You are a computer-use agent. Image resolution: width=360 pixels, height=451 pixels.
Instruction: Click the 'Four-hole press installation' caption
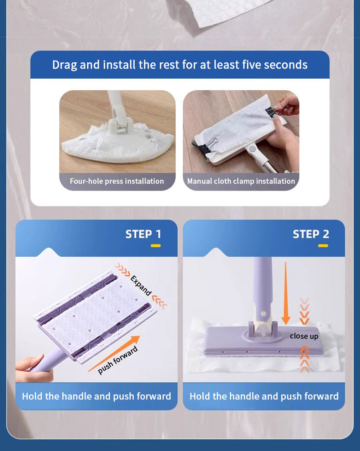117,181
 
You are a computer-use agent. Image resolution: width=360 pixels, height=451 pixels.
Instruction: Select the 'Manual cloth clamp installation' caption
241,181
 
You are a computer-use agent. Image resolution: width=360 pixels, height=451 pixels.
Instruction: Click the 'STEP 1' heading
143,234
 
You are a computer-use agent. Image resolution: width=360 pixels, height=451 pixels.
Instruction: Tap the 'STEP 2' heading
311,234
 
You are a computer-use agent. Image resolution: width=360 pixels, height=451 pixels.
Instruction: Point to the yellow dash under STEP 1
156,246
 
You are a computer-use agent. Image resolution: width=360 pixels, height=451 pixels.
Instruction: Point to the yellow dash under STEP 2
323,246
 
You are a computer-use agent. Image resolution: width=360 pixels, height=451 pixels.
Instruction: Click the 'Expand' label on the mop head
141,286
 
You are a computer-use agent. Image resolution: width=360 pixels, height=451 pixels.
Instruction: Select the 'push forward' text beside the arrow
118,360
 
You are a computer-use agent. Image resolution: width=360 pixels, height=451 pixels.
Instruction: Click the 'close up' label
304,336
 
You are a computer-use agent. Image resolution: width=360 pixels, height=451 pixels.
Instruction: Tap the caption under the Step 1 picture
96,396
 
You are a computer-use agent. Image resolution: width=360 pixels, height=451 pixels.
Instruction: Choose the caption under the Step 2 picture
264,396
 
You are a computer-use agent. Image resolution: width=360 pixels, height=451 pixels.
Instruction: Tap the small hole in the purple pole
263,312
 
